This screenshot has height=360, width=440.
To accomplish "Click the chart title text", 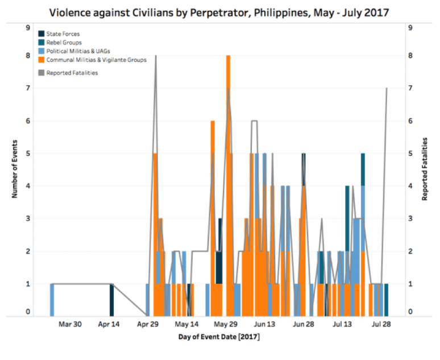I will pos(219,12).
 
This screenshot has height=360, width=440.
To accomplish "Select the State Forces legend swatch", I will pos(41,34).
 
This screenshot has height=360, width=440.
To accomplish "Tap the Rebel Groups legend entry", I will pos(64,43).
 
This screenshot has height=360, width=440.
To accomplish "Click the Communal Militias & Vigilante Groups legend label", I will pos(96,60).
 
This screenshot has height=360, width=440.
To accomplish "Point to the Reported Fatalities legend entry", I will pos(72,73).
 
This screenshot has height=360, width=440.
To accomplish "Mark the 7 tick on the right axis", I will pos(410,88).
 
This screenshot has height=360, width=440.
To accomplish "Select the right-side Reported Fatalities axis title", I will pos(425,170).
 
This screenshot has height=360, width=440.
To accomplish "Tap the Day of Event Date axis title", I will pos(219,337).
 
